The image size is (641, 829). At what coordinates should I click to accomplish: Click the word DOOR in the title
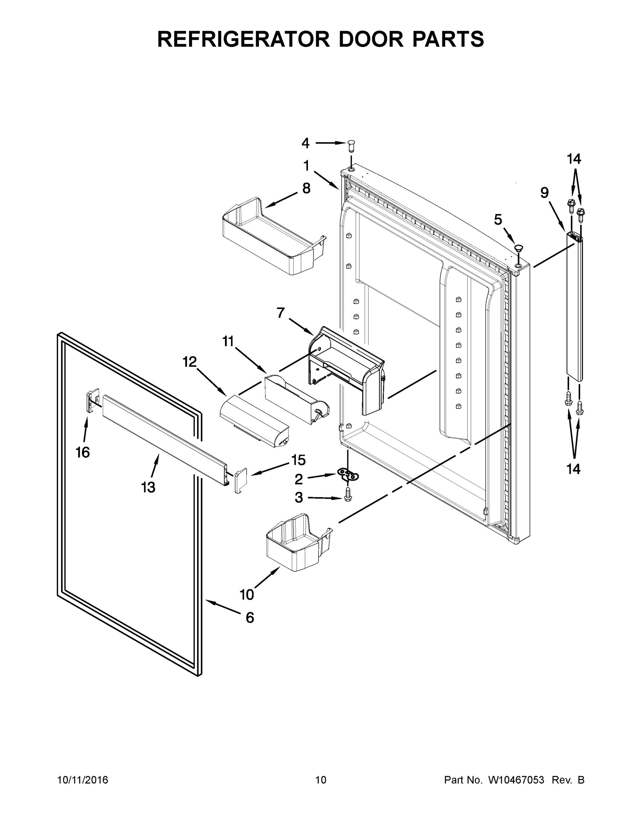tap(371, 39)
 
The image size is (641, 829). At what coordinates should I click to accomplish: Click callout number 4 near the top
tap(305, 143)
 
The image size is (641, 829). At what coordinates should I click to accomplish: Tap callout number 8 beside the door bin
tap(306, 188)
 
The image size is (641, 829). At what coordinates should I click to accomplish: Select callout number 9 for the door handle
tap(544, 193)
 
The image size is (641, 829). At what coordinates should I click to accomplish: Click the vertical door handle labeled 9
tap(574, 307)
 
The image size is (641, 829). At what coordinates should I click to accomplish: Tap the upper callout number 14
tap(574, 159)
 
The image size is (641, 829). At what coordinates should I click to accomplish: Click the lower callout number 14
tap(573, 469)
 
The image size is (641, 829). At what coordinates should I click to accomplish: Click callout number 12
tap(189, 362)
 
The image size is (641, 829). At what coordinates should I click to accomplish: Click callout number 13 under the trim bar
tap(148, 487)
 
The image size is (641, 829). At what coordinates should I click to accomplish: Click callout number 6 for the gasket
tap(249, 618)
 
